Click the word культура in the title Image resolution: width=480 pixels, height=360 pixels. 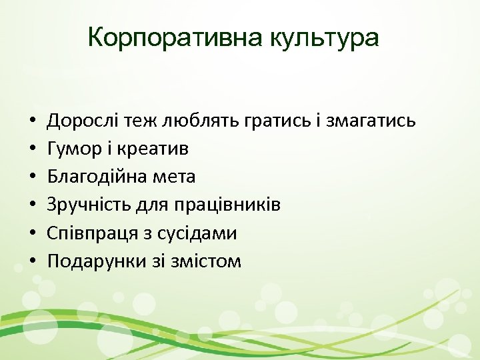click(325, 38)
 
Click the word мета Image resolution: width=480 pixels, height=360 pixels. click(175, 177)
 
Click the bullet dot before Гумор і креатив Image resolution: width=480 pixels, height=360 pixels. click(32, 149)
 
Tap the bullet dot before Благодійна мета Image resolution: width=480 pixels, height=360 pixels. click(32, 177)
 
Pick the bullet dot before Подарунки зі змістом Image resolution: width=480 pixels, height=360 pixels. click(32, 261)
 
